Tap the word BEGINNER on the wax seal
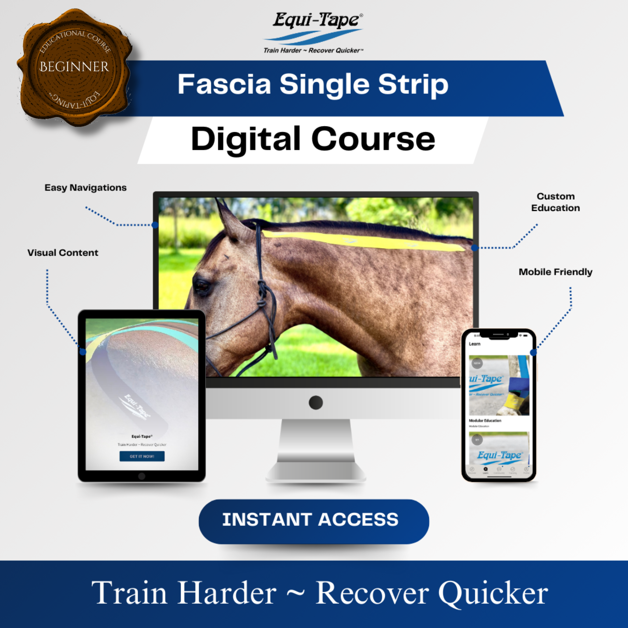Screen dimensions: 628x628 (74, 67)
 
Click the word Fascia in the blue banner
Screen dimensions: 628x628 (224, 85)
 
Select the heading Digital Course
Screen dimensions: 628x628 (313, 139)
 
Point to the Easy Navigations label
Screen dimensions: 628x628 (86, 188)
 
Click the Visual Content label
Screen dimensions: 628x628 (63, 253)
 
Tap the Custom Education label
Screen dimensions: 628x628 (555, 202)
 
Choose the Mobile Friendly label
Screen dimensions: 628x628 (555, 272)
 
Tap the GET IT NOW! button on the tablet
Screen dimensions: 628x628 (142, 456)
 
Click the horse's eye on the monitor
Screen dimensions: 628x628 (202, 286)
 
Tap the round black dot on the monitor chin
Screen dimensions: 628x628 (316, 402)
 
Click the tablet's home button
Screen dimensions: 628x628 (142, 476)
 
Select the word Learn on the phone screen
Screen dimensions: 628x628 (475, 344)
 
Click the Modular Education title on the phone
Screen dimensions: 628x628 (485, 421)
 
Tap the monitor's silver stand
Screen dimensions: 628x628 (316, 449)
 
